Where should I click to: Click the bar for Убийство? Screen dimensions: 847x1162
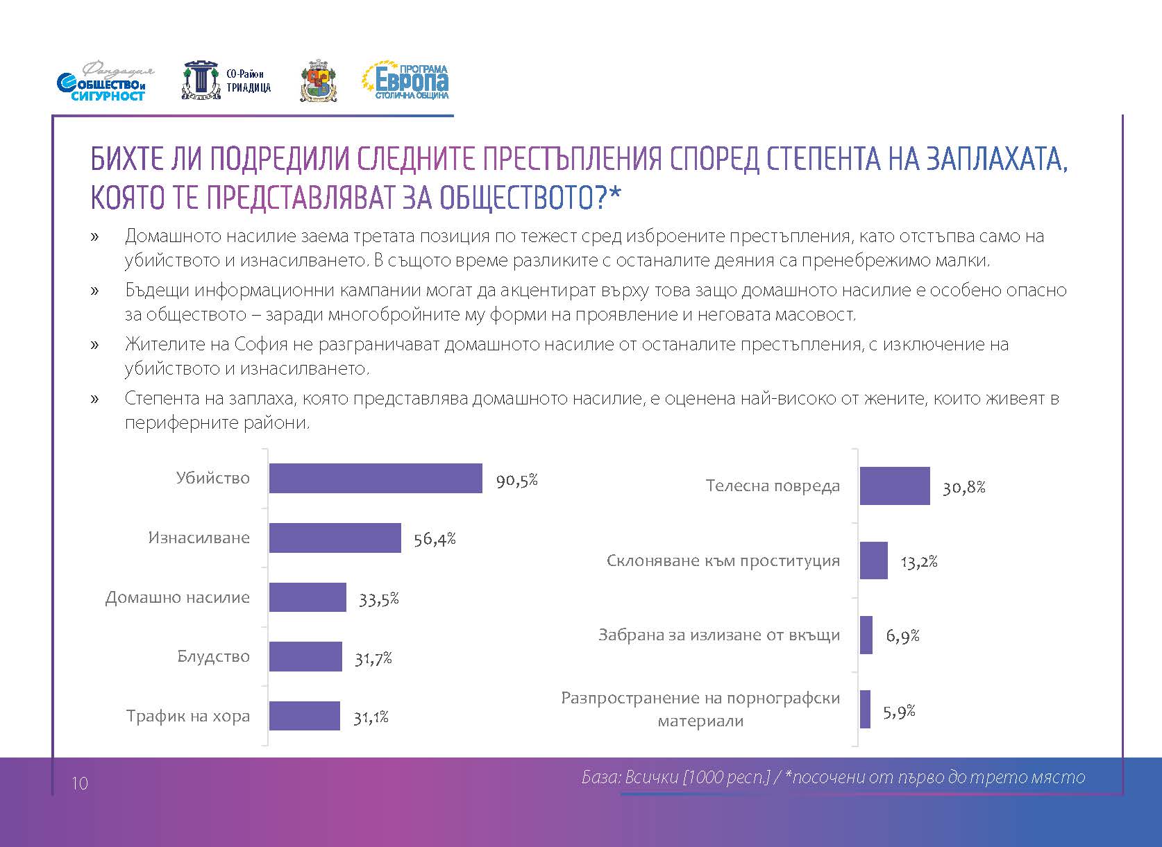(x=375, y=479)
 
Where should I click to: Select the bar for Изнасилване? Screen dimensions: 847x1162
(x=335, y=538)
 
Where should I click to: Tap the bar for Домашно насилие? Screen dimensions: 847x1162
(x=307, y=597)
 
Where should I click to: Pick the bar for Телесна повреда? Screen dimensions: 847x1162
(x=894, y=486)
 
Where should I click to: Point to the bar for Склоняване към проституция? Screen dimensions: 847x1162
(x=873, y=561)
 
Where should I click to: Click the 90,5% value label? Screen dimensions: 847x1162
(x=516, y=480)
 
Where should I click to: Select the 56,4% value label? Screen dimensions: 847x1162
(x=435, y=539)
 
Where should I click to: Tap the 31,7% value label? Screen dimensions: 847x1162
(x=373, y=658)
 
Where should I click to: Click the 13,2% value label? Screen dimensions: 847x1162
(x=919, y=562)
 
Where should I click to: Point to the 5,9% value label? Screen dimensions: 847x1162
(x=899, y=712)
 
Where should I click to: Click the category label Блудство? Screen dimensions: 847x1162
(x=213, y=657)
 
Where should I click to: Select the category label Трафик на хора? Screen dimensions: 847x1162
(x=187, y=717)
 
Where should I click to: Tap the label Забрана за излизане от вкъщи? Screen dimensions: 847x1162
(x=719, y=635)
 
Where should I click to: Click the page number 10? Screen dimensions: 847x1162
(x=80, y=784)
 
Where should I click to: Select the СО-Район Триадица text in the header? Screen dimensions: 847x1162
(x=249, y=81)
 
